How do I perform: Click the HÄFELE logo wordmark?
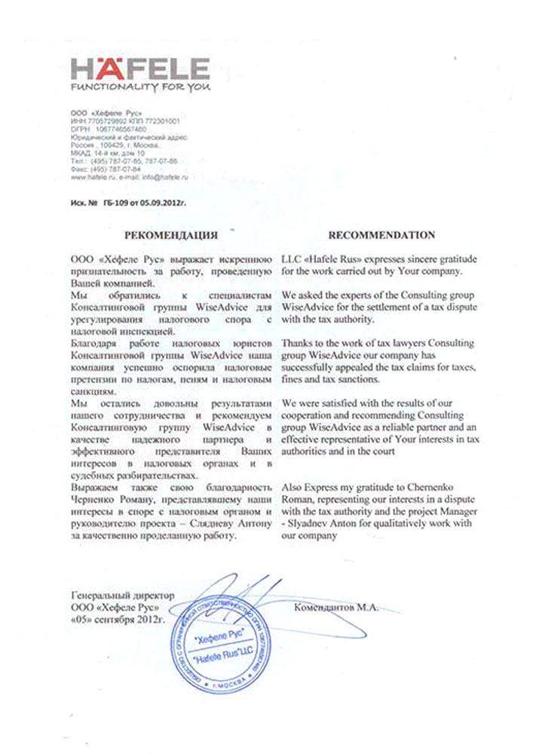pyautogui.click(x=139, y=69)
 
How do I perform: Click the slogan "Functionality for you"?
pyautogui.click(x=137, y=90)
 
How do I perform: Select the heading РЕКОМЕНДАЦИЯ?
pyautogui.click(x=171, y=234)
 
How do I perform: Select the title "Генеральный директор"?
pyautogui.click(x=121, y=596)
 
